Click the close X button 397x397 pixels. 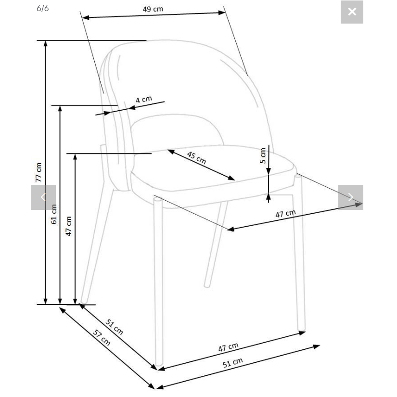[352, 12]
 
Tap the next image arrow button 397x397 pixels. [351, 197]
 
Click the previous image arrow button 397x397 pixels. [43, 197]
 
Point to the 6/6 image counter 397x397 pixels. [42, 8]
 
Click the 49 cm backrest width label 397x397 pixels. [153, 9]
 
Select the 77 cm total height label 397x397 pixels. [38, 172]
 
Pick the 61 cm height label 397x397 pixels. [54, 214]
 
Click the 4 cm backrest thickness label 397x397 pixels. [144, 99]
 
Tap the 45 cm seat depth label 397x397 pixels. [196, 157]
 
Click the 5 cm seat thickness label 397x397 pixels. [263, 156]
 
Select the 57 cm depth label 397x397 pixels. [102, 337]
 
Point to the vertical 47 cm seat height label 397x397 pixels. [69, 226]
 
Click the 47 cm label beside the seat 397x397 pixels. [285, 214]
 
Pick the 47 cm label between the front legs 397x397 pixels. [229, 347]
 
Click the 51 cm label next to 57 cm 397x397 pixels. [114, 327]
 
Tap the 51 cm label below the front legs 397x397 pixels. [233, 362]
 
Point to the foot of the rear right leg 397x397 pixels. [207, 285]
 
